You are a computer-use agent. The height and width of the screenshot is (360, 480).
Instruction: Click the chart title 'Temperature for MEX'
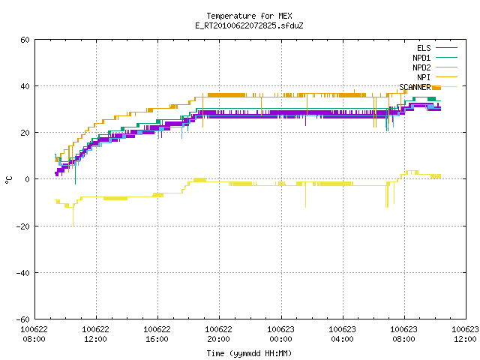pos(249,16)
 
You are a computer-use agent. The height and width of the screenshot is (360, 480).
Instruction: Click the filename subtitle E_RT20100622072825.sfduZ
pos(249,25)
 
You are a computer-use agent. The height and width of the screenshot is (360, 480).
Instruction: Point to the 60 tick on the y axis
pos(25,40)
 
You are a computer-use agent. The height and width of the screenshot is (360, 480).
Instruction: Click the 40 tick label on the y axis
pos(25,86)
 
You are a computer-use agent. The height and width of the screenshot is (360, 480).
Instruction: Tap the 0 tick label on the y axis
pos(27,179)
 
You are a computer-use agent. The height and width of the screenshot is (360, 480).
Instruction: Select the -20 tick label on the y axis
pos(23,226)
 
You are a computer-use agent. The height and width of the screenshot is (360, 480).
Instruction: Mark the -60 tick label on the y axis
pos(23,319)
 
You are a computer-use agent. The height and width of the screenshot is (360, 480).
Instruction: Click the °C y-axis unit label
pos(8,180)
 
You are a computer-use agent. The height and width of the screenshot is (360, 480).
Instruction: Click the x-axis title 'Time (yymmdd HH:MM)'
pos(249,353)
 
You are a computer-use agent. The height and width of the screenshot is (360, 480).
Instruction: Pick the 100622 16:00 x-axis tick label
pos(157,334)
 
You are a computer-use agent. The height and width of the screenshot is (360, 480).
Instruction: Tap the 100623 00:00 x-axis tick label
pos(280,334)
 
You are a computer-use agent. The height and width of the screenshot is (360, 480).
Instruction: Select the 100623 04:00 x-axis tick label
pos(342,334)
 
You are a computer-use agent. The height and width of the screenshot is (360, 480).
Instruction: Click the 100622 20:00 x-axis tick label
pos(218,334)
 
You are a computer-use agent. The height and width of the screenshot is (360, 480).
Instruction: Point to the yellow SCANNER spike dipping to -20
pos(73,217)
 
